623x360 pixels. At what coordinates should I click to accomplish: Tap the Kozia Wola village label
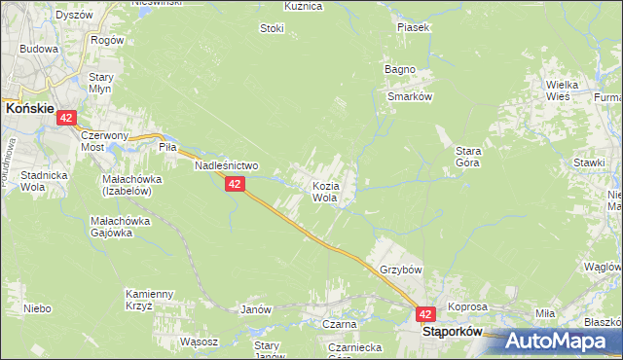325,191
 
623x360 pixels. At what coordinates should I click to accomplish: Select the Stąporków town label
453,331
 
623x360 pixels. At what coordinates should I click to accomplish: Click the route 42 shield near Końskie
66,118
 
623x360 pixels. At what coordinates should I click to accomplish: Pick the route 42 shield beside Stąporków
425,314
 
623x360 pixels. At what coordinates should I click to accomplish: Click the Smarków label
409,97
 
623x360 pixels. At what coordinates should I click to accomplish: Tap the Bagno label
400,69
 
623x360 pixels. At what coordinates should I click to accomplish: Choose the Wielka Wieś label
563,90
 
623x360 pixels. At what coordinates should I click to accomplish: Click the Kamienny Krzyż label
149,299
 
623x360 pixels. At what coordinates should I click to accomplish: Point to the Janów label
254,309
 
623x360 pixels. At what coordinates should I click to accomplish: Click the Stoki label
272,28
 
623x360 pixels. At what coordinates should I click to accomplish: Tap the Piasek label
413,27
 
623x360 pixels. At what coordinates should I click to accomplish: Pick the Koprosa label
467,306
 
